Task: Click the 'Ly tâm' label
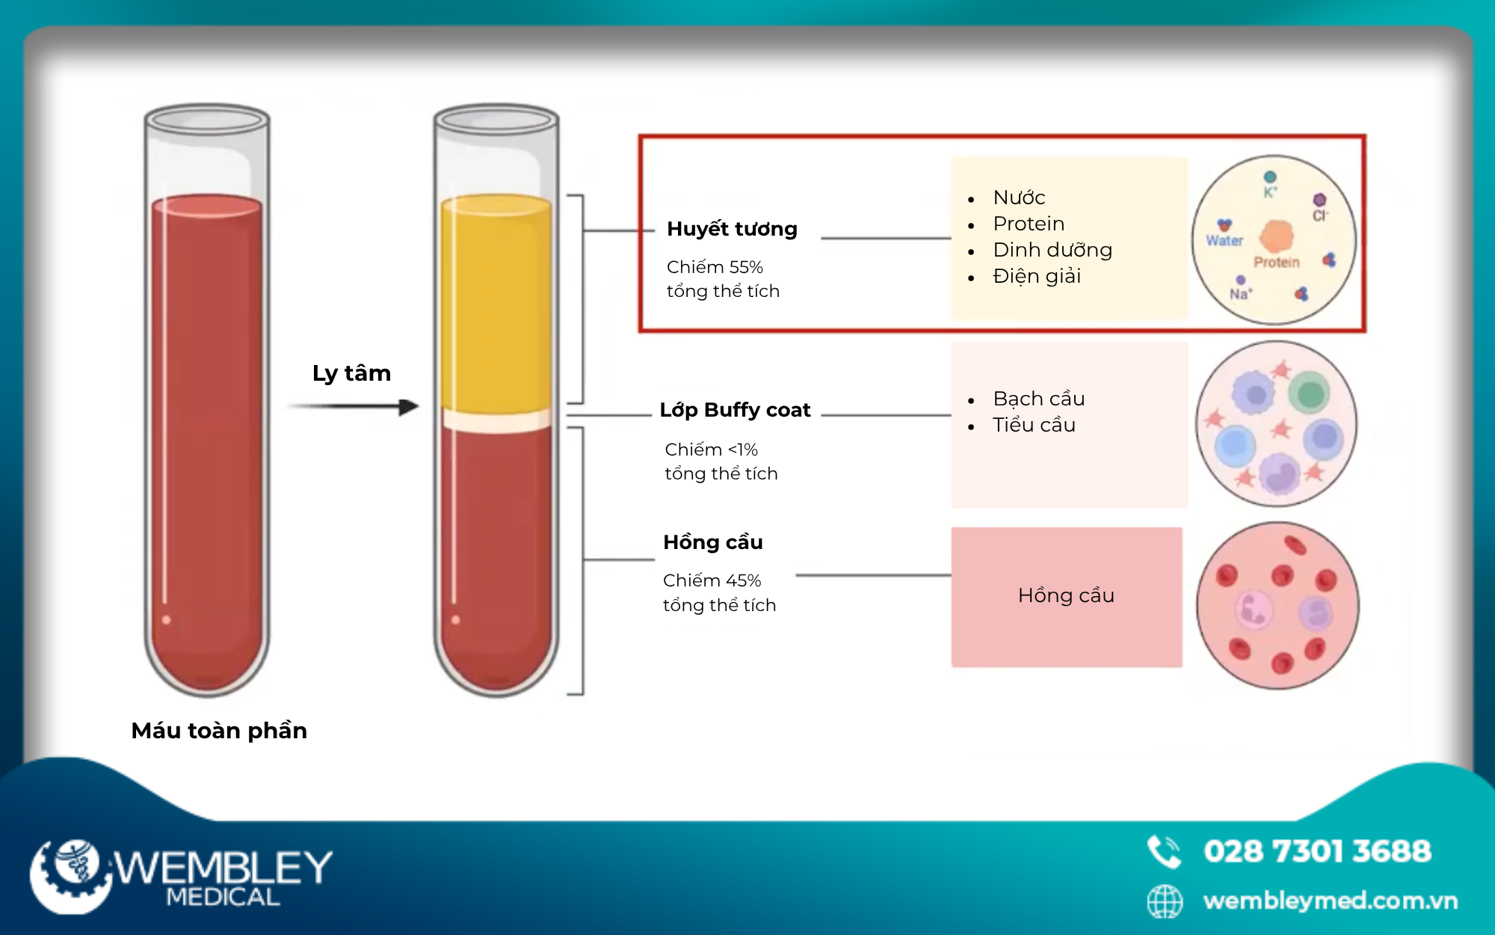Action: pos(351,373)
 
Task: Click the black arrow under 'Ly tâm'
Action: pos(353,407)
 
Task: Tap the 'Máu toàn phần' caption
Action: pos(219,731)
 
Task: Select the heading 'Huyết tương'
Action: pos(732,229)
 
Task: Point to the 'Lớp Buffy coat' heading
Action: pos(735,410)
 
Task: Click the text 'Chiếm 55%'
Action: pos(715,267)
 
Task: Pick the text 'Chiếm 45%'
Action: pos(712,580)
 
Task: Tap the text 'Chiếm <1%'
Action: pos(711,450)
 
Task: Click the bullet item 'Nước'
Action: pos(1019,197)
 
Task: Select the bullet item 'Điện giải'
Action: pos(1037,276)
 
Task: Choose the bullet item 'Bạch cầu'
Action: pos(1039,399)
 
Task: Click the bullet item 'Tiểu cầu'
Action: pos(1034,425)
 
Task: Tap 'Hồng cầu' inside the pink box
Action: pos(1066,595)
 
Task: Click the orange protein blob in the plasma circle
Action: pos(1277,236)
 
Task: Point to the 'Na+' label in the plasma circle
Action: pos(1241,294)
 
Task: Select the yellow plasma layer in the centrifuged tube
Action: pos(496,301)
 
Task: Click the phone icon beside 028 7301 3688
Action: pos(1164,852)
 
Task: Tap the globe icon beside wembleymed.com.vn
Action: pos(1165,901)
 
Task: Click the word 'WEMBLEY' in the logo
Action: pos(223,868)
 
